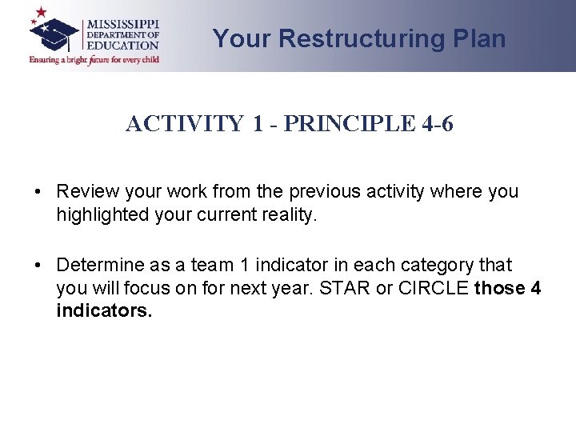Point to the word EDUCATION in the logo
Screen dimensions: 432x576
(x=122, y=46)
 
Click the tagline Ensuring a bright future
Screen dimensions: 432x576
(x=94, y=59)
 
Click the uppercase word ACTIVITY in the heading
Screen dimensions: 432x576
(x=185, y=124)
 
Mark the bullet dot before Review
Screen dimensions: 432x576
(x=38, y=192)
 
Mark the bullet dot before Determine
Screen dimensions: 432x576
(x=38, y=265)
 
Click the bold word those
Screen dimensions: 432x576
(x=499, y=287)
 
